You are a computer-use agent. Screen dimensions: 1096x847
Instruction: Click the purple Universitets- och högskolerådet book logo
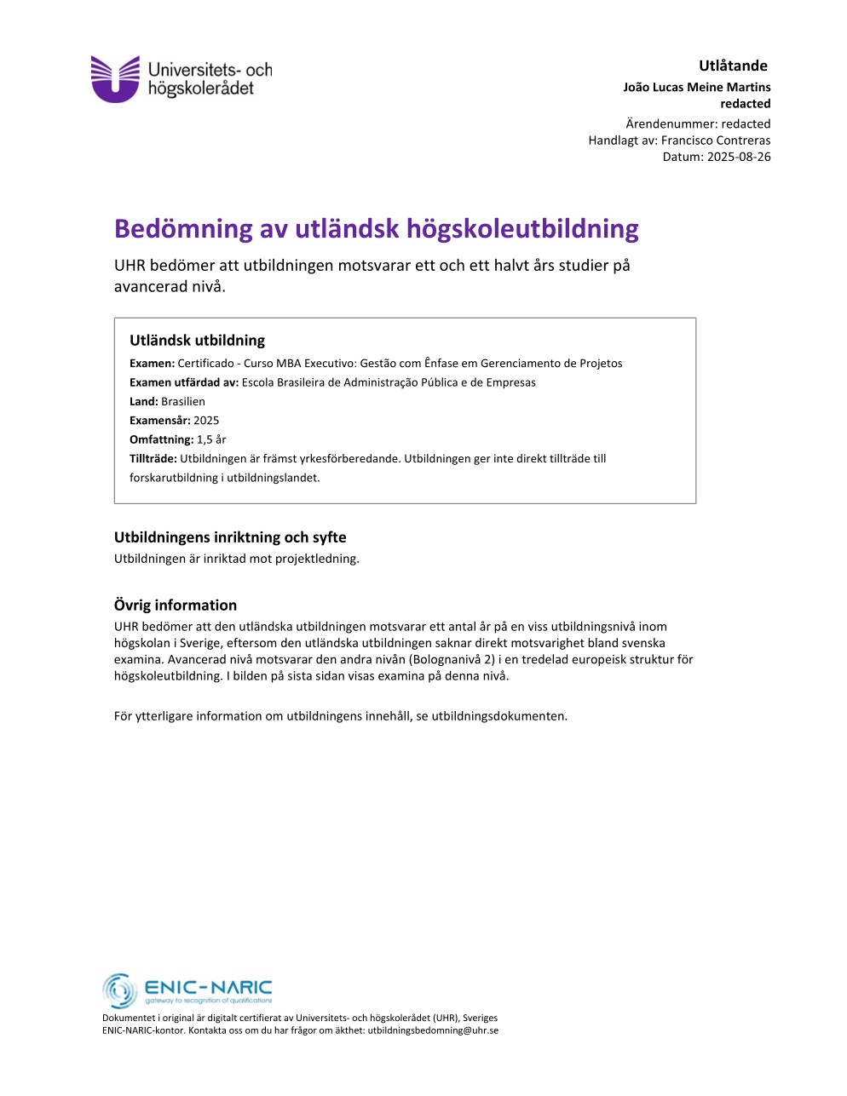coord(115,78)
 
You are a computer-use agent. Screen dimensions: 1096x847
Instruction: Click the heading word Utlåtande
coord(733,66)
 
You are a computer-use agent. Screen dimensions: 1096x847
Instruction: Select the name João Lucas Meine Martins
coord(696,87)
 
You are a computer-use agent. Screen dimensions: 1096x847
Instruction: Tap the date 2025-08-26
coord(738,157)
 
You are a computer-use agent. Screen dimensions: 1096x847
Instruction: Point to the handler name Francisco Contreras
coord(716,141)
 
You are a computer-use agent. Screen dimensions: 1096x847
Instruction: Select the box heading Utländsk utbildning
coord(197,340)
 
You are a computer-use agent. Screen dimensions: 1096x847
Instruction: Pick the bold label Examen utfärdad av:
coord(184,382)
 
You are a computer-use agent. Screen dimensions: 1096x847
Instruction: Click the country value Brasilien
coord(183,401)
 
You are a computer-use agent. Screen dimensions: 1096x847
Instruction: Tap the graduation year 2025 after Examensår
coord(206,420)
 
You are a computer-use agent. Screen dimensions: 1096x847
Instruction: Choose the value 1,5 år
coord(211,439)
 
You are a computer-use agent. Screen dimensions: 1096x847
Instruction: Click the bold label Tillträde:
coord(153,458)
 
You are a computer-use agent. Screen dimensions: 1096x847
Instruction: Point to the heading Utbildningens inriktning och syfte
coord(230,537)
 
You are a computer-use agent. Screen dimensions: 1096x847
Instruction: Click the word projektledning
coord(317,559)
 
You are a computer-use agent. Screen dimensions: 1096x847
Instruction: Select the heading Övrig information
coord(176,605)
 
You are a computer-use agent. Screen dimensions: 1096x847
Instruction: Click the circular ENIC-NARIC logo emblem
coord(120,990)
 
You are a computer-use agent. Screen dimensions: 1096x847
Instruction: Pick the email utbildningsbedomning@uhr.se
coord(433,1030)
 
